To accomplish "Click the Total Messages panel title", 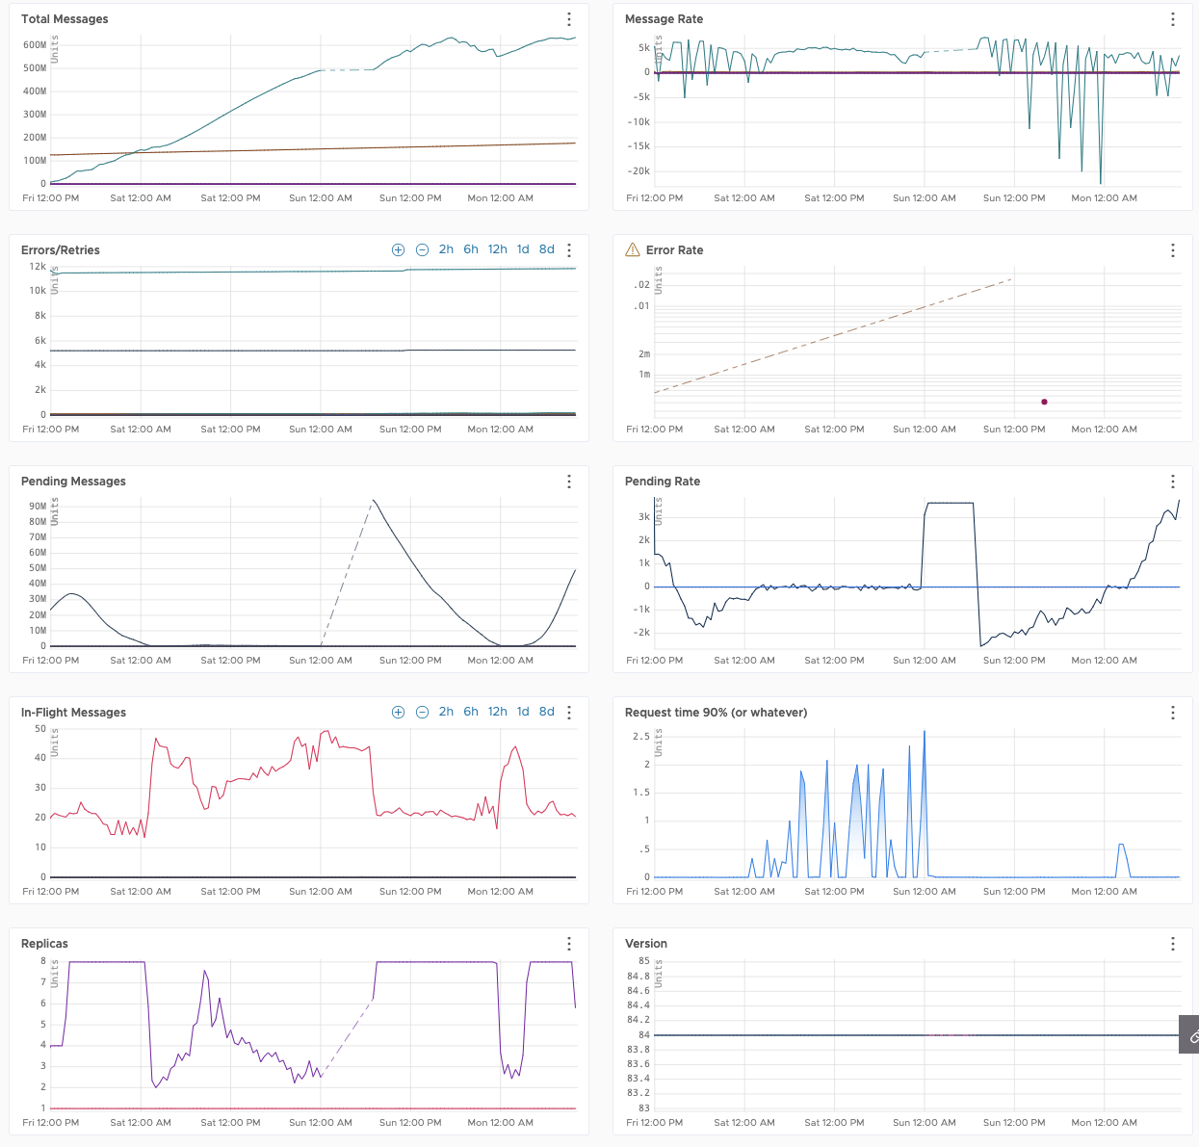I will (65, 19).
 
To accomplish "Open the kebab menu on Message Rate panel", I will (1172, 19).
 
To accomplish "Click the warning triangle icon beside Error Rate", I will (633, 250).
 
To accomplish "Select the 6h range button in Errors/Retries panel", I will (471, 249).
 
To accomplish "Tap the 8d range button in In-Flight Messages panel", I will (546, 712).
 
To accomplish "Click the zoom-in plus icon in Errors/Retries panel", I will (398, 249).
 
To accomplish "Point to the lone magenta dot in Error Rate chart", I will (1044, 402).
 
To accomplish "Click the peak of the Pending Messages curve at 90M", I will (374, 501).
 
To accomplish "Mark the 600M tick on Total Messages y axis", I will (35, 45).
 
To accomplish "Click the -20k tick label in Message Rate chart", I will (639, 171).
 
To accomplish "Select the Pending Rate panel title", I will (662, 482).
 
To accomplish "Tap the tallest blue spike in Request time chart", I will (925, 732).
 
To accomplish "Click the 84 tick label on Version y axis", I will (643, 1035).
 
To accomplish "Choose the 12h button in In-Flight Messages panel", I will (497, 712).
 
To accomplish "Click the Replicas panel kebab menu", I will (569, 944).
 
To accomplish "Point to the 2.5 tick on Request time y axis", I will (640, 737).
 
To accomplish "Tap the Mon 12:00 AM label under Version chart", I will (1104, 1123).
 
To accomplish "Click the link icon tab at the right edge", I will (1191, 1036).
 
